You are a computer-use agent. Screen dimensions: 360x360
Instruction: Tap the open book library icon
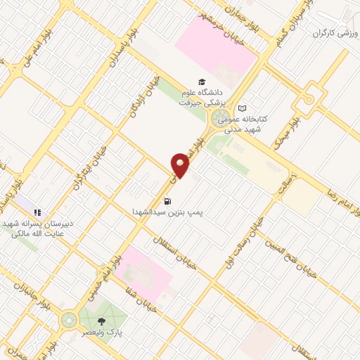pos(243,108)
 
